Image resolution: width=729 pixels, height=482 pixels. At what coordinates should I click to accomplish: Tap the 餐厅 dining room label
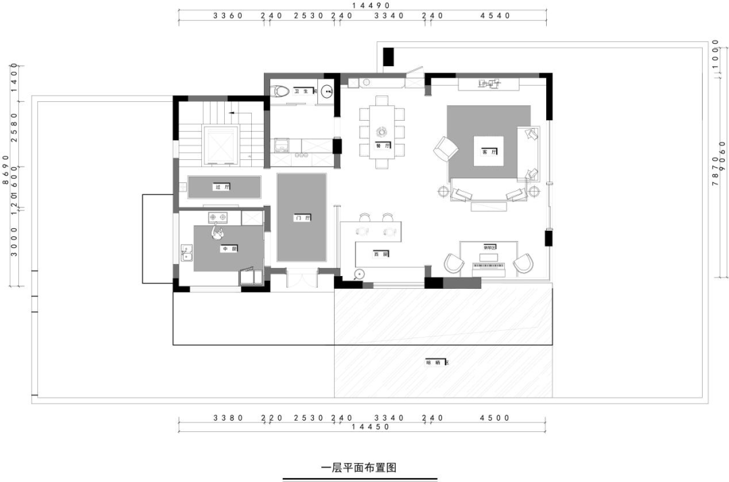click(x=383, y=145)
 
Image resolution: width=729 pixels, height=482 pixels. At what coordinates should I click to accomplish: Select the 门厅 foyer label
click(x=302, y=218)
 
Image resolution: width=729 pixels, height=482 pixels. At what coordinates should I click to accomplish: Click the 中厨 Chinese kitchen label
click(x=228, y=248)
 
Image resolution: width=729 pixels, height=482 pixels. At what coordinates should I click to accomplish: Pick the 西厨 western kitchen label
click(x=380, y=254)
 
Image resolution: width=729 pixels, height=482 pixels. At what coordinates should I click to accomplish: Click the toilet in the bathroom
click(x=279, y=90)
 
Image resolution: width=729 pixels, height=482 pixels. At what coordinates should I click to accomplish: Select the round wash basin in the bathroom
click(x=328, y=92)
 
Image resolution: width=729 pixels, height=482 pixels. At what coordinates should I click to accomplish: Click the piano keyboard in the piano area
click(x=489, y=267)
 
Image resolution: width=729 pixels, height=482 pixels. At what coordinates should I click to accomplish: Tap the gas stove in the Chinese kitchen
click(x=219, y=217)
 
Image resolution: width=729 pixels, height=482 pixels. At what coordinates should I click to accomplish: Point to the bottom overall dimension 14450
click(x=364, y=427)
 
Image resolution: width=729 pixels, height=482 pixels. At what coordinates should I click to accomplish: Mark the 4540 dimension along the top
click(x=495, y=16)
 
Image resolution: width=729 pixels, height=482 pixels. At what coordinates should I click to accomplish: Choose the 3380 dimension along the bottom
click(x=227, y=418)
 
